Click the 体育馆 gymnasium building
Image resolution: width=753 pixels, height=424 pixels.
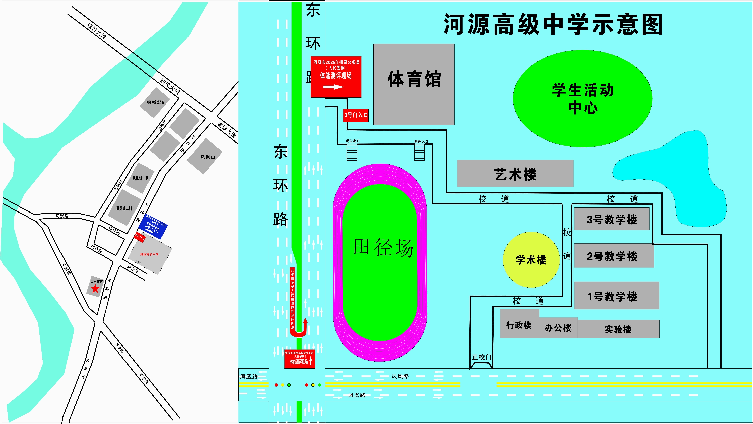414,84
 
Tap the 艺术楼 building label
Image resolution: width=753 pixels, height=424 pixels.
515,174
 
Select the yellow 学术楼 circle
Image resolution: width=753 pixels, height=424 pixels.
531,260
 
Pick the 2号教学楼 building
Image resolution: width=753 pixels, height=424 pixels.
613,256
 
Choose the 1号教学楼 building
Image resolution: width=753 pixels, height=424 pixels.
616,296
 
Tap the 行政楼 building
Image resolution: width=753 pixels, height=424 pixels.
519,324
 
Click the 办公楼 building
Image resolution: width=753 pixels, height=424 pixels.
558,328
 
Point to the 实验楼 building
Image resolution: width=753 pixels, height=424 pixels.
618,329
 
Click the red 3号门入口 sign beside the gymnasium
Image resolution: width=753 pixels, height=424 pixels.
356,115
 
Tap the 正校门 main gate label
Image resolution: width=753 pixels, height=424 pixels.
481,357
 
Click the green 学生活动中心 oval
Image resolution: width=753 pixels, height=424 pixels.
582,99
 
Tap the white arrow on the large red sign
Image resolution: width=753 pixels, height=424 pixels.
333,87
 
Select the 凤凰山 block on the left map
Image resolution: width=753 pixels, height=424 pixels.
205,156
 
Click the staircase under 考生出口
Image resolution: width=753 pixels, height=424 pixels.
352,152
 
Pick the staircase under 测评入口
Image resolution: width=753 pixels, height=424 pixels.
419,152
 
